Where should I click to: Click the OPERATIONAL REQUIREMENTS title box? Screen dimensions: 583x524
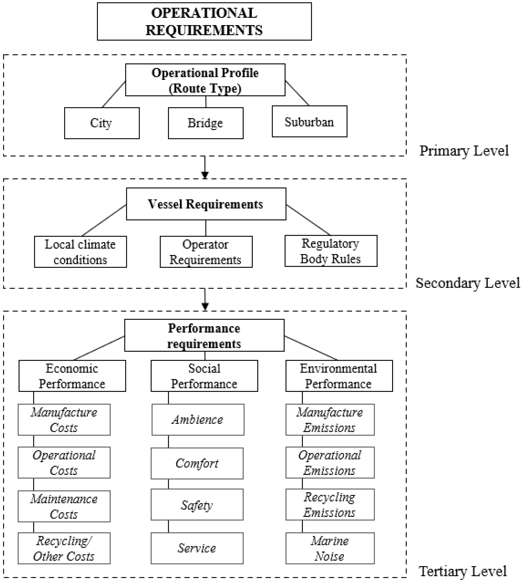(204, 22)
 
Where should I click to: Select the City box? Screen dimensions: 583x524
(102, 123)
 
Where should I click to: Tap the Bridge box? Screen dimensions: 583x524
(206, 123)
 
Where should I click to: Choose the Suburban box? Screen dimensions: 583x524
(309, 121)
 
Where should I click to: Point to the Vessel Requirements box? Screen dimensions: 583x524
(206, 204)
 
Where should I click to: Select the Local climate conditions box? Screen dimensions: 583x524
(80, 252)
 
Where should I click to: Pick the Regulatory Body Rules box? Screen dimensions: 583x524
(331, 251)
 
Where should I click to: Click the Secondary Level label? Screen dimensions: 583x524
(468, 283)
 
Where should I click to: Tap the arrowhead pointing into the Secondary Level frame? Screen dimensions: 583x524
(205, 175)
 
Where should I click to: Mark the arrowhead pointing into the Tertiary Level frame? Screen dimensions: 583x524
(205, 306)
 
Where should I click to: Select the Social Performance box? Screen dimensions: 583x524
(204, 376)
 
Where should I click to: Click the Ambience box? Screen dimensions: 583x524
(198, 420)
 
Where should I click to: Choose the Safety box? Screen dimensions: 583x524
(197, 505)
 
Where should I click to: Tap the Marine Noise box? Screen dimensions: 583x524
(330, 548)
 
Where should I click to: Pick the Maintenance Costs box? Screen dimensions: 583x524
(64, 506)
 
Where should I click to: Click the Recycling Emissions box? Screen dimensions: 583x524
(330, 505)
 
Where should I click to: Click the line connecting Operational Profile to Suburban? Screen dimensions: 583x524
(297, 93)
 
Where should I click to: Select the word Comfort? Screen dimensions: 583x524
(197, 463)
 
